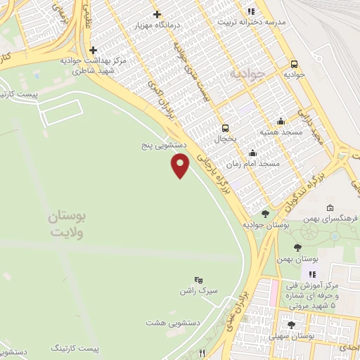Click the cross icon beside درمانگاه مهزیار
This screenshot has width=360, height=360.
(157, 14)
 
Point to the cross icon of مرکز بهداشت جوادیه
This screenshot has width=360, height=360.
(93, 50)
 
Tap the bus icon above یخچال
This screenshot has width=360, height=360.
(225, 128)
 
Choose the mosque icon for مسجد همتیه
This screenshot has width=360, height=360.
(281, 120)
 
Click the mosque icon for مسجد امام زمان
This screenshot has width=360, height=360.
(252, 153)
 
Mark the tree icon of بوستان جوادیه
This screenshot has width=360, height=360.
(265, 214)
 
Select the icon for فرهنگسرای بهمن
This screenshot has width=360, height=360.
(330, 207)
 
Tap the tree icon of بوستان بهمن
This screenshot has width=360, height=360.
(297, 247)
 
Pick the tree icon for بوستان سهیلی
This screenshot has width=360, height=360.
(292, 325)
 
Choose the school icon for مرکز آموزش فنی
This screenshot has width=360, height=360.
(312, 274)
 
